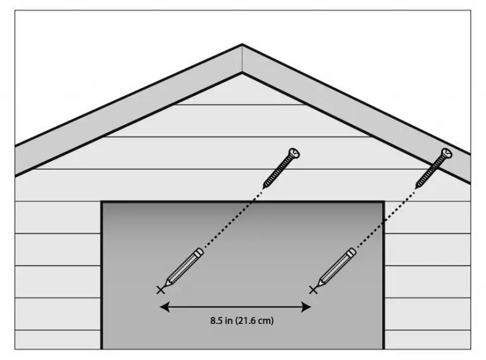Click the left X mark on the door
[161, 290]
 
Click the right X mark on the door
[313, 290]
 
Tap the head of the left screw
[294, 153]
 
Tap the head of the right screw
[447, 153]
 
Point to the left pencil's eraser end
[199, 251]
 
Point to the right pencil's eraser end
[352, 251]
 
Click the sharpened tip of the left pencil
[166, 285]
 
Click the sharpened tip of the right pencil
[318, 285]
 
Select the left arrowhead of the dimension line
[165, 307]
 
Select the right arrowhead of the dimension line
[306, 307]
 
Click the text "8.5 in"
[221, 320]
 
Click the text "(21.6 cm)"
[254, 321]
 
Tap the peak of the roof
[242, 44]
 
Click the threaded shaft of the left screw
[277, 172]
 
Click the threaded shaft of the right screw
[430, 172]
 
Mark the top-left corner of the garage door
[102, 202]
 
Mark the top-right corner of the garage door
[383, 202]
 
